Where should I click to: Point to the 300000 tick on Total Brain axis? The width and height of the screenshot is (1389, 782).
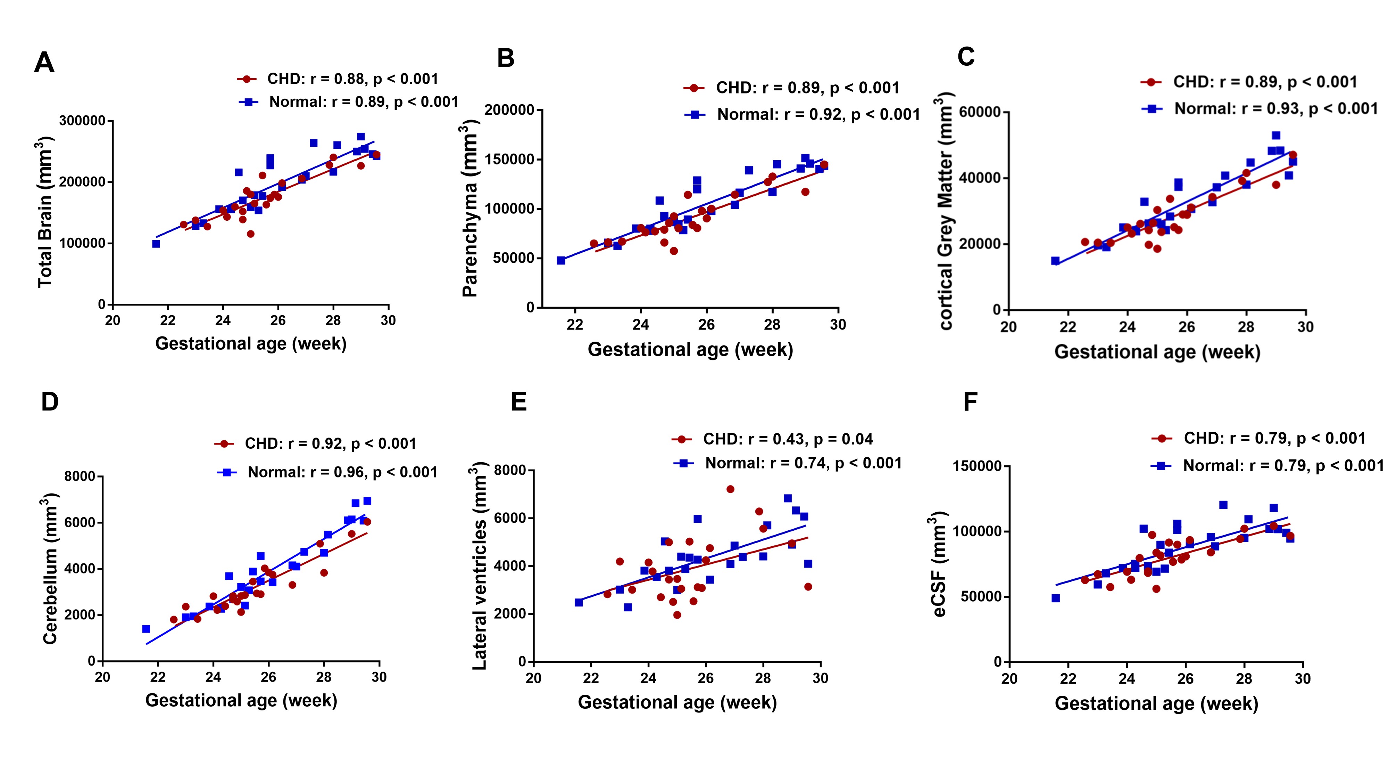82,120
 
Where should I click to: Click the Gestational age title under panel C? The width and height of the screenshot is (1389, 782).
1157,352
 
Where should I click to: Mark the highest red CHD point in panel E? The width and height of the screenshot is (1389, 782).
730,489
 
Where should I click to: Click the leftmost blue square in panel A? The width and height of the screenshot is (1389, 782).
156,244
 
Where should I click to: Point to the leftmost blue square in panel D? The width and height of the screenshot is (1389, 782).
145,629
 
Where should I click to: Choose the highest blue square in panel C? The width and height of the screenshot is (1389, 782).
1276,136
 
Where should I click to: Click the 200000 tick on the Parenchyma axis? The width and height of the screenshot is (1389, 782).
509,110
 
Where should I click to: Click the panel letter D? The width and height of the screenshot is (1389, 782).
50,402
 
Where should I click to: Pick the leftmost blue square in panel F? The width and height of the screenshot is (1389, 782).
1055,598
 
